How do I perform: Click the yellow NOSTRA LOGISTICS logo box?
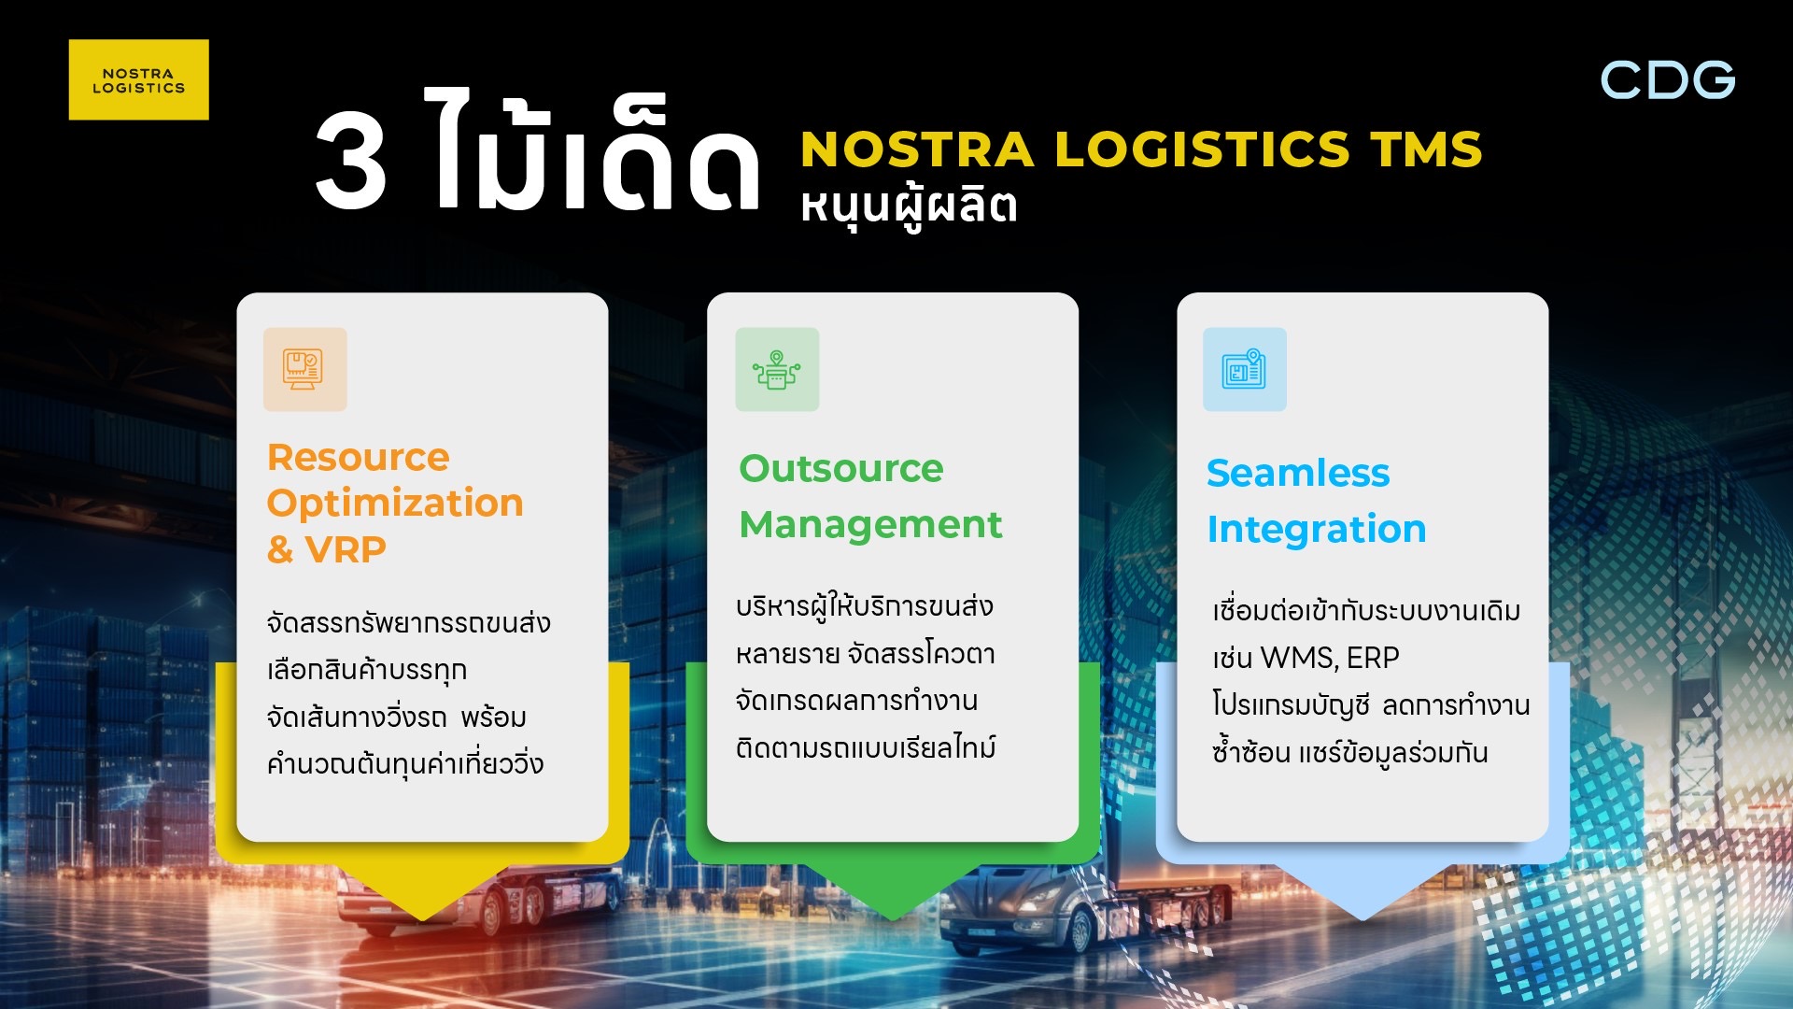click(138, 79)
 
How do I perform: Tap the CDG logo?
click(1668, 80)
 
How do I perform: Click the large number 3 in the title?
click(351, 161)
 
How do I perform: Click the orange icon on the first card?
click(305, 369)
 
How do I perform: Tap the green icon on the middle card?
click(777, 369)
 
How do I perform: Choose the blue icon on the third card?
click(1245, 369)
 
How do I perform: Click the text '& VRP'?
click(327, 549)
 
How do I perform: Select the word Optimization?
click(395, 504)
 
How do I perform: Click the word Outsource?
click(841, 468)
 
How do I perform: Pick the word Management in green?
click(870, 526)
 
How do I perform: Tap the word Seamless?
click(1298, 473)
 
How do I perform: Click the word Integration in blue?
click(1317, 530)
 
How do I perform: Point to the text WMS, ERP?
click(1330, 658)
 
